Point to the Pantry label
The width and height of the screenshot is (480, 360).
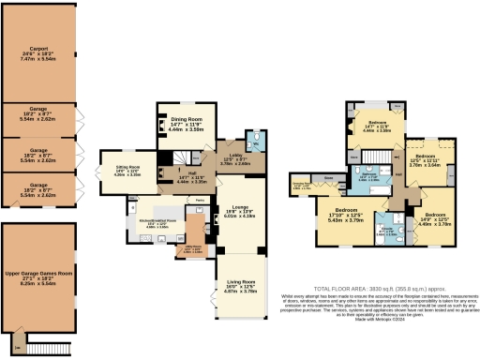tap(200, 200)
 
